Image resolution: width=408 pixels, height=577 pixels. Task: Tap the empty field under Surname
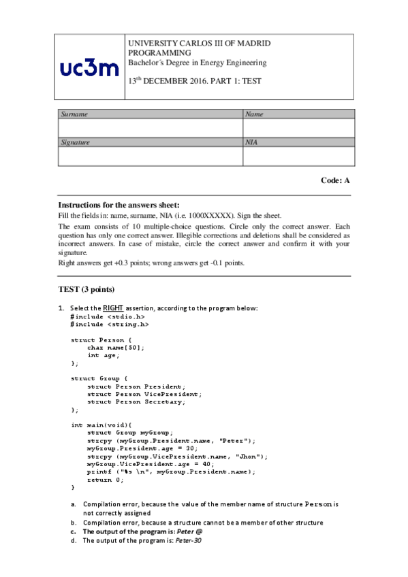point(150,128)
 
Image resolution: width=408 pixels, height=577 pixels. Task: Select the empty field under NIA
point(298,156)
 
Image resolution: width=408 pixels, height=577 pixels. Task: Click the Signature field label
point(76,143)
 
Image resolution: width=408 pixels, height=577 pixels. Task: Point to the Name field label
point(254,114)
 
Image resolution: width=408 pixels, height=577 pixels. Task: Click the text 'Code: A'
point(335,181)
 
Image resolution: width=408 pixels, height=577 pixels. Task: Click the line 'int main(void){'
point(102,425)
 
